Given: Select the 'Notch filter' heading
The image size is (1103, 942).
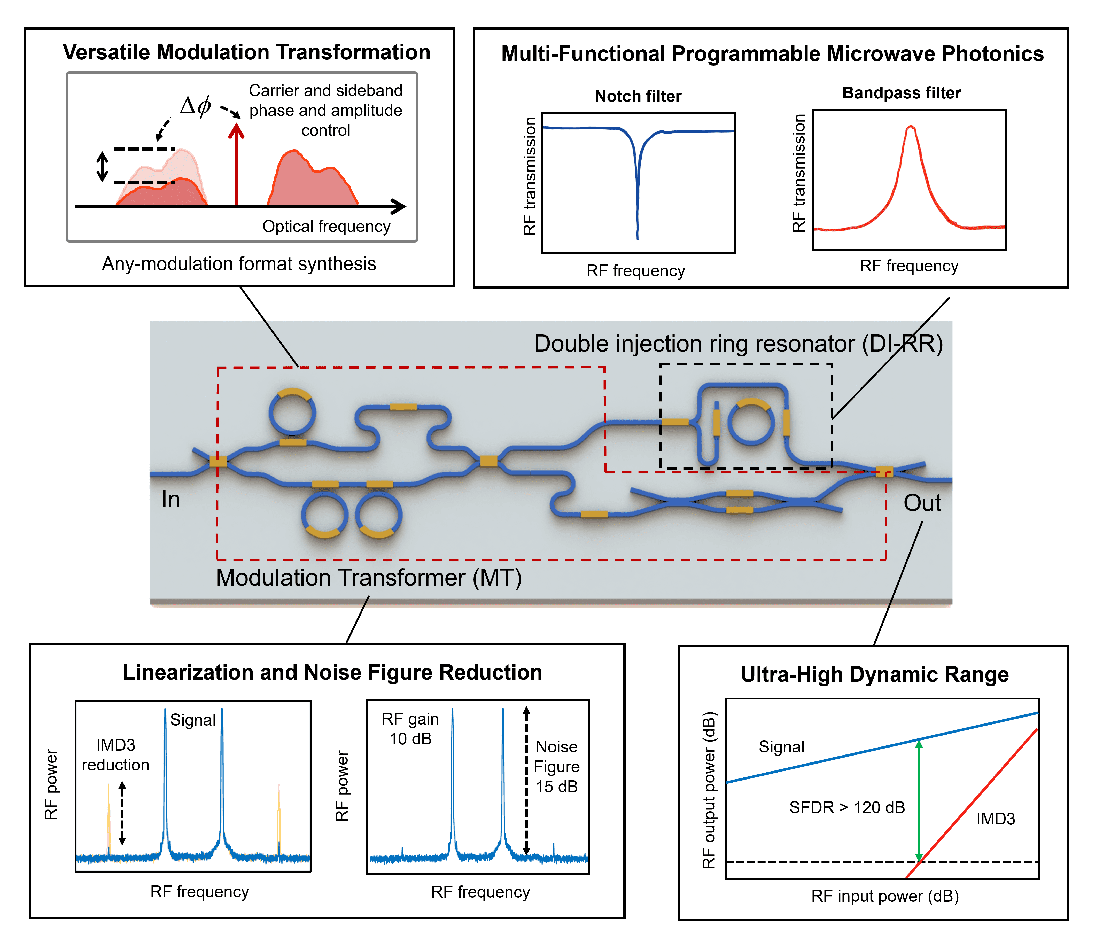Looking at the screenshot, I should [638, 96].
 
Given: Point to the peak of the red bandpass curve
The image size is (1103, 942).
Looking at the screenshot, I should [911, 127].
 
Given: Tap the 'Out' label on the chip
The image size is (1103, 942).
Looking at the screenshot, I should [922, 503].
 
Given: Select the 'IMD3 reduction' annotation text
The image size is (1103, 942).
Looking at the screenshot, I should [115, 755].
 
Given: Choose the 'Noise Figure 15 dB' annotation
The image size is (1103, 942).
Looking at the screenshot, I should [556, 766].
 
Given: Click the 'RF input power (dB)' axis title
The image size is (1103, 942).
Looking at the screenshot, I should [885, 896].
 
